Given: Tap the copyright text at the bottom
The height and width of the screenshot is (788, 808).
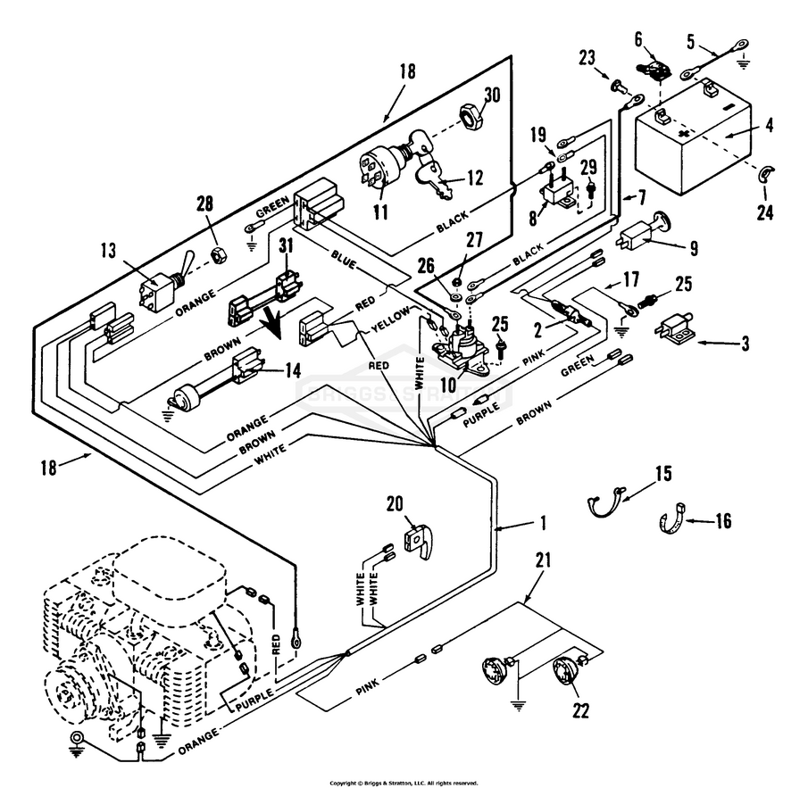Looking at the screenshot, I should (404, 783).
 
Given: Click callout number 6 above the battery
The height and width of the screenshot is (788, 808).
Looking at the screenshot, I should (638, 38).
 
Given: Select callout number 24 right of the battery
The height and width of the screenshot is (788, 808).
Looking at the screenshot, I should (765, 214).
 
